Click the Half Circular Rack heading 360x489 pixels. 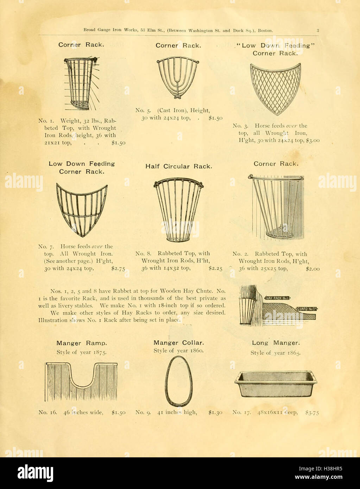179,166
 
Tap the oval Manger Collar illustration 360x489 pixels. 179,381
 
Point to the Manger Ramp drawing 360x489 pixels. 81,382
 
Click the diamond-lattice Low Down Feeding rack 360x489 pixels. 276,89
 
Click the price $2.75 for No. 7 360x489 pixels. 118,268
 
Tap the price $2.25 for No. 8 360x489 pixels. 215,268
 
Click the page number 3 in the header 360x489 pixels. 317,31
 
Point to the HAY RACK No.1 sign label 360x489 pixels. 277,298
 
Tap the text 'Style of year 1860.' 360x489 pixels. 178,351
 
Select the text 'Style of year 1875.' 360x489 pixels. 81,352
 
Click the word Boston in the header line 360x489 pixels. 265,31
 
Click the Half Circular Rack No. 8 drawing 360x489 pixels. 179,210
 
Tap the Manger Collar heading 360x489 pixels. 178,343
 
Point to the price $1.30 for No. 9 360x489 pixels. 215,412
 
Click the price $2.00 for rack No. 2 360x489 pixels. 312,268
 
